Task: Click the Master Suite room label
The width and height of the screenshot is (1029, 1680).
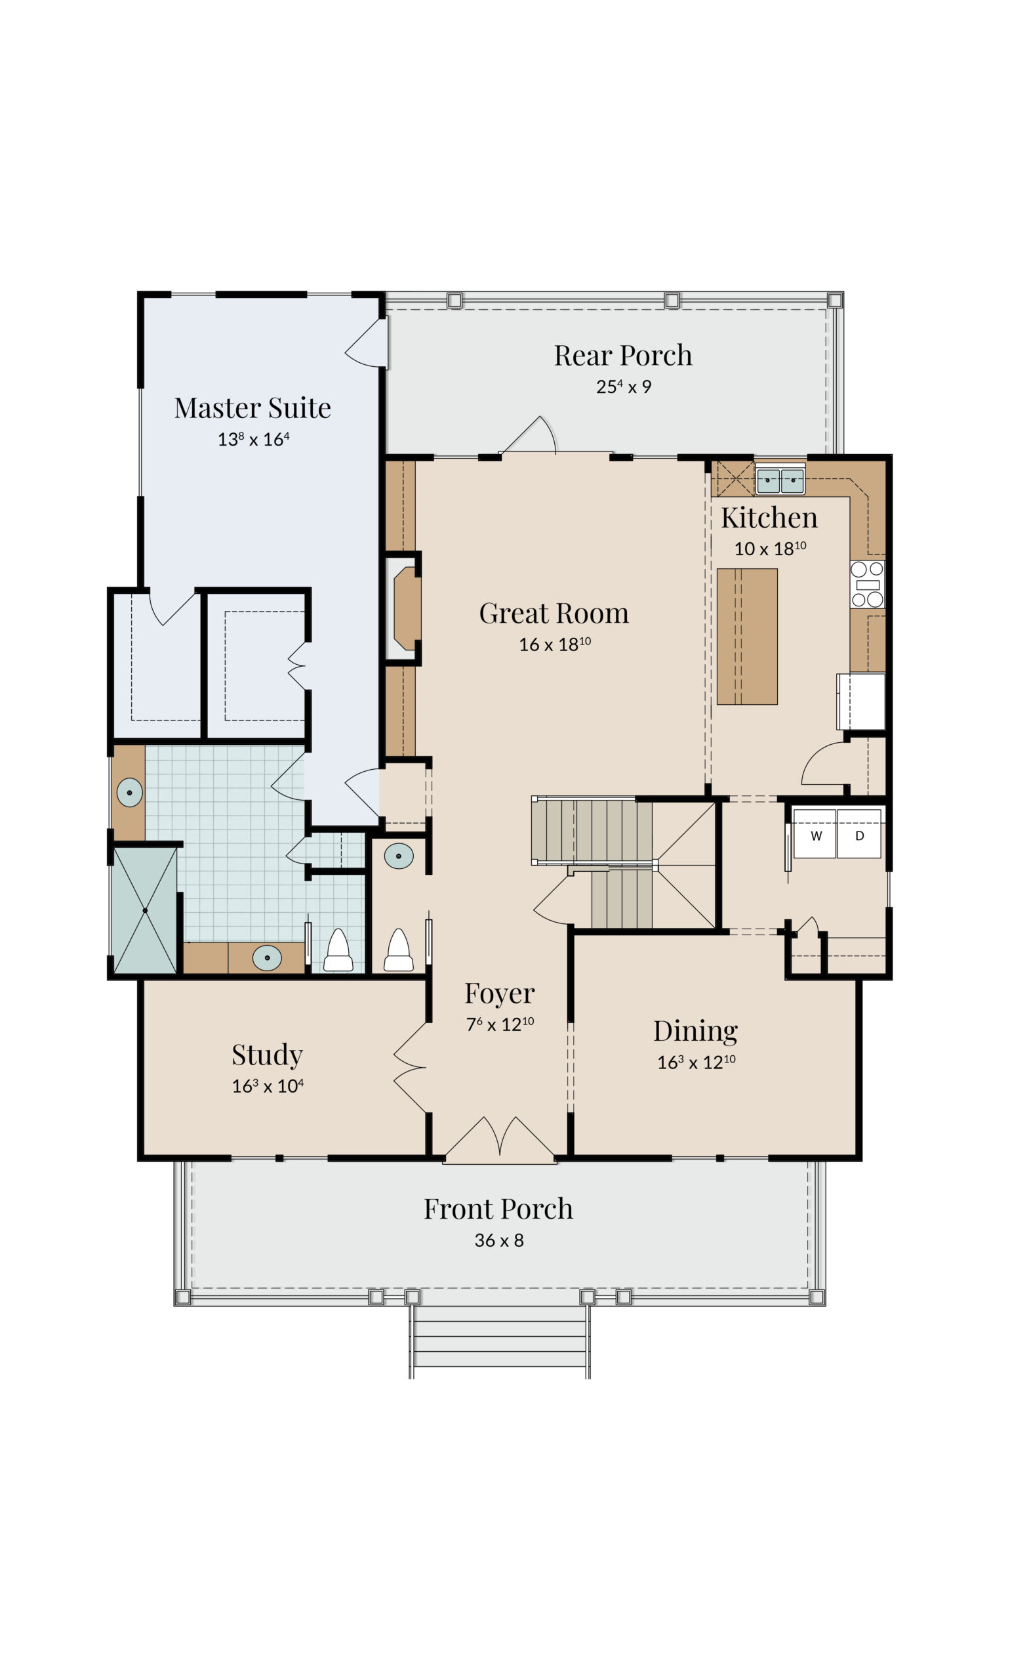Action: [x=252, y=408]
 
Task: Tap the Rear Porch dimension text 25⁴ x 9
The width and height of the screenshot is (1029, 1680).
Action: [x=624, y=387]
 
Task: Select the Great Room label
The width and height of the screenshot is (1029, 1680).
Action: [x=554, y=613]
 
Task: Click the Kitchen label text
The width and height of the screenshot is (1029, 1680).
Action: [x=769, y=518]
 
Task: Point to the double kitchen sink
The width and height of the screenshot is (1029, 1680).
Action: [x=780, y=480]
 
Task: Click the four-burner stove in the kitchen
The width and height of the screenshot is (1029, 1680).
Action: [x=867, y=584]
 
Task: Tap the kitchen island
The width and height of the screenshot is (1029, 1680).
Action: [x=747, y=636]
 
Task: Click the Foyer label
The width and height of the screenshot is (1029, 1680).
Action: [x=500, y=994]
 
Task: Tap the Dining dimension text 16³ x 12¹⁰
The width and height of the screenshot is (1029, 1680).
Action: [x=696, y=1062]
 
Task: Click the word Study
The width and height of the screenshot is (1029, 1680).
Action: [x=267, y=1055]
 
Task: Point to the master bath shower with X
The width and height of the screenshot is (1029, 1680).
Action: [x=144, y=910]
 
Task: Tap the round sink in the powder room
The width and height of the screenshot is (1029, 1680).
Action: [x=399, y=856]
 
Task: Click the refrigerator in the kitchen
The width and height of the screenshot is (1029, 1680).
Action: [x=861, y=702]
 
